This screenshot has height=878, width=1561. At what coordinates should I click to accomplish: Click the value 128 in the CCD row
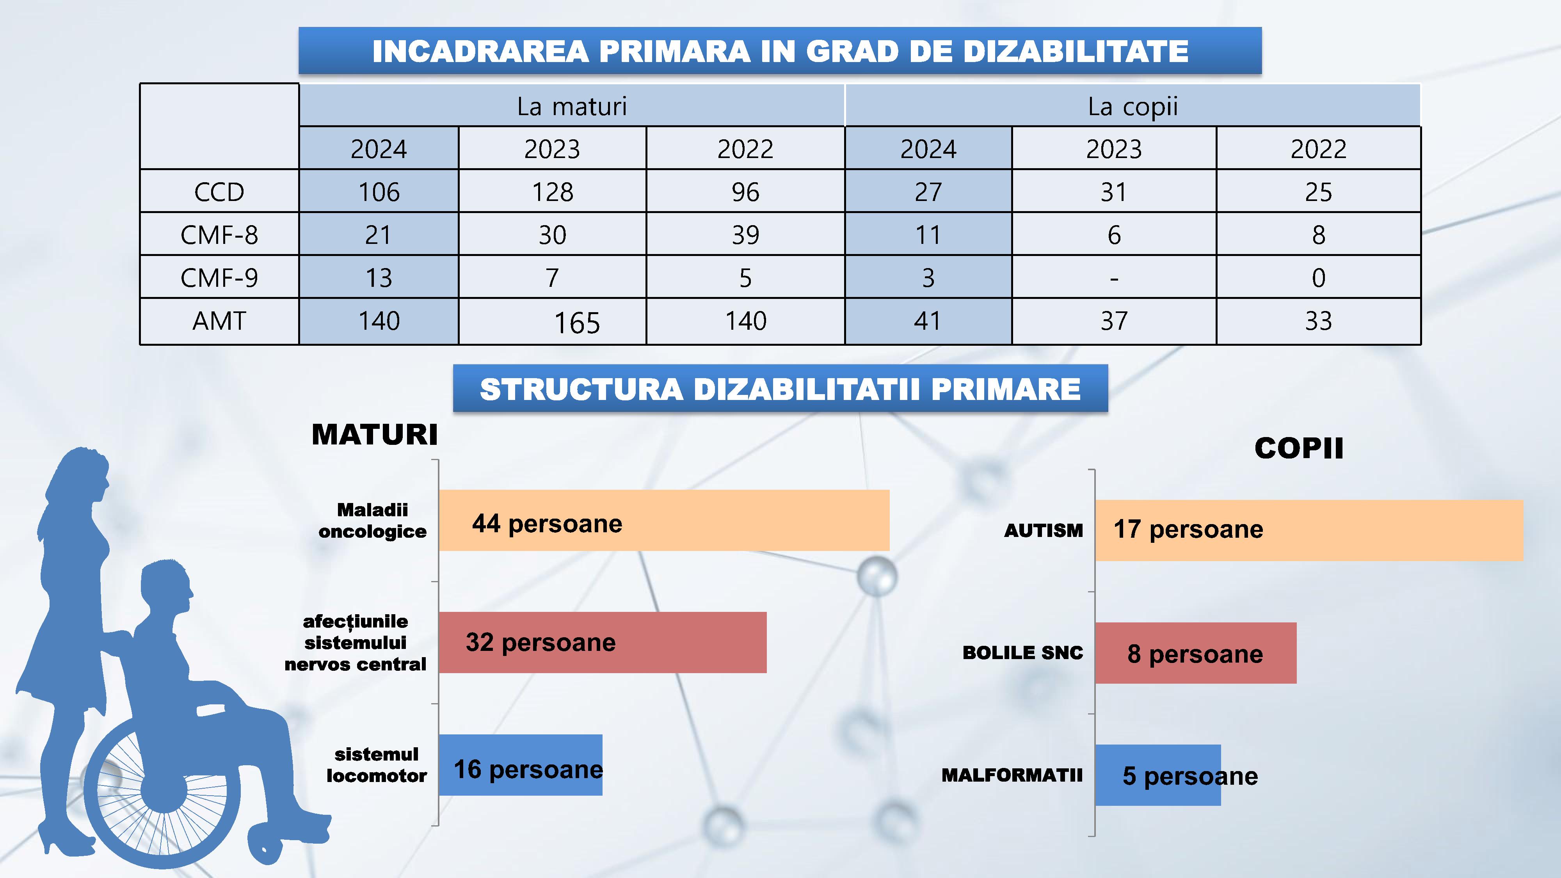click(x=552, y=192)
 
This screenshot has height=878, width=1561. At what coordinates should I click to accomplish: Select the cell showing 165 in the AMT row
click(x=577, y=322)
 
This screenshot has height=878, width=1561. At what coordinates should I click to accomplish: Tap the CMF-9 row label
click(x=219, y=277)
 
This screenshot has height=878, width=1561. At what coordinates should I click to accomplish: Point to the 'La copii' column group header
click(x=1132, y=107)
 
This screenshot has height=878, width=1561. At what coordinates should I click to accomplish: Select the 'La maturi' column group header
click(x=571, y=107)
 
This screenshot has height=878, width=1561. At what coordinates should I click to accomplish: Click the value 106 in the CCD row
click(x=379, y=192)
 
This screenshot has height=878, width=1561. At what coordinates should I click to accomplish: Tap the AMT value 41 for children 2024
click(x=928, y=320)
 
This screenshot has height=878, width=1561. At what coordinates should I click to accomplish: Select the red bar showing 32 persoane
click(x=602, y=642)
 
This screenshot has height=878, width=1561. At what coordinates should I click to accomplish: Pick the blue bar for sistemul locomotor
click(x=520, y=765)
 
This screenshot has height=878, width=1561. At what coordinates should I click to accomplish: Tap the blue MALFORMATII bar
click(x=1157, y=775)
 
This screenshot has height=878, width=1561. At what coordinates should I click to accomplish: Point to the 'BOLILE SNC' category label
click(x=1022, y=652)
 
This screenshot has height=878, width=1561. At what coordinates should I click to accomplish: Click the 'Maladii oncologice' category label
click(x=372, y=521)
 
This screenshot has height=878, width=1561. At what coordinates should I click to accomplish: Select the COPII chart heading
click(x=1299, y=448)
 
